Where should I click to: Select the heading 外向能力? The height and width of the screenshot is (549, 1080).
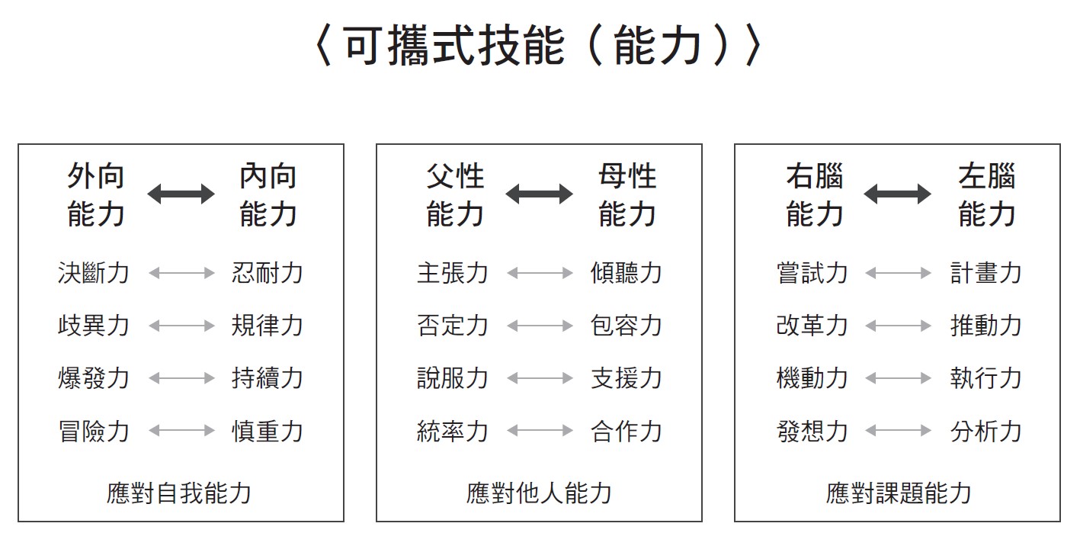96,194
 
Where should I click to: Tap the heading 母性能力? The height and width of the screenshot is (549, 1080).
627,194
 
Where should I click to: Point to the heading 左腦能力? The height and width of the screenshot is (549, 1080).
986,194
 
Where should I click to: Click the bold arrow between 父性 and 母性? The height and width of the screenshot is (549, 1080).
539,194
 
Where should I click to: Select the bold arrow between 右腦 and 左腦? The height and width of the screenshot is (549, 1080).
897,194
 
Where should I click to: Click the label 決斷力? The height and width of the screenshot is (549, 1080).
94,272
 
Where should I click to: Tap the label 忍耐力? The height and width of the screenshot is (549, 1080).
267,272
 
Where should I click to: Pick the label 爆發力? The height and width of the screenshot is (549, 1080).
94,377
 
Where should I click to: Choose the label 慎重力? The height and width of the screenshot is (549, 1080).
267,431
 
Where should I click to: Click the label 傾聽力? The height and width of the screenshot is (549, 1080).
627,272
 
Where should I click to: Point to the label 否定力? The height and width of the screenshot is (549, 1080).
453,325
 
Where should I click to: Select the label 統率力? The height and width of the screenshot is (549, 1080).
453,431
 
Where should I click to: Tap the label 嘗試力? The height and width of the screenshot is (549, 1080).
812,272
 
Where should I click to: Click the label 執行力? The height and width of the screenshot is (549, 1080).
986,377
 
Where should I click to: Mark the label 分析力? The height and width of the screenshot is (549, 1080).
986,431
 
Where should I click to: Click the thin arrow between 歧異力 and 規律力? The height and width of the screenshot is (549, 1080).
181,326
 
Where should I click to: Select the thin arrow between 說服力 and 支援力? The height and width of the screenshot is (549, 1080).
540,378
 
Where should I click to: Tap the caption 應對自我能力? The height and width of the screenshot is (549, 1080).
179,493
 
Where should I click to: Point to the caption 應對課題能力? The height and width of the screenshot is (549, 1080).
899,493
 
